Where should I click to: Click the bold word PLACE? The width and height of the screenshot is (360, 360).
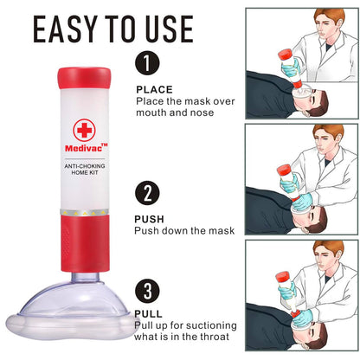point(154,88)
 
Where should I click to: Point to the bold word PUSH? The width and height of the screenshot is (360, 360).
point(151,220)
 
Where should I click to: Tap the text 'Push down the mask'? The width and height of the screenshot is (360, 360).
point(184,231)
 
